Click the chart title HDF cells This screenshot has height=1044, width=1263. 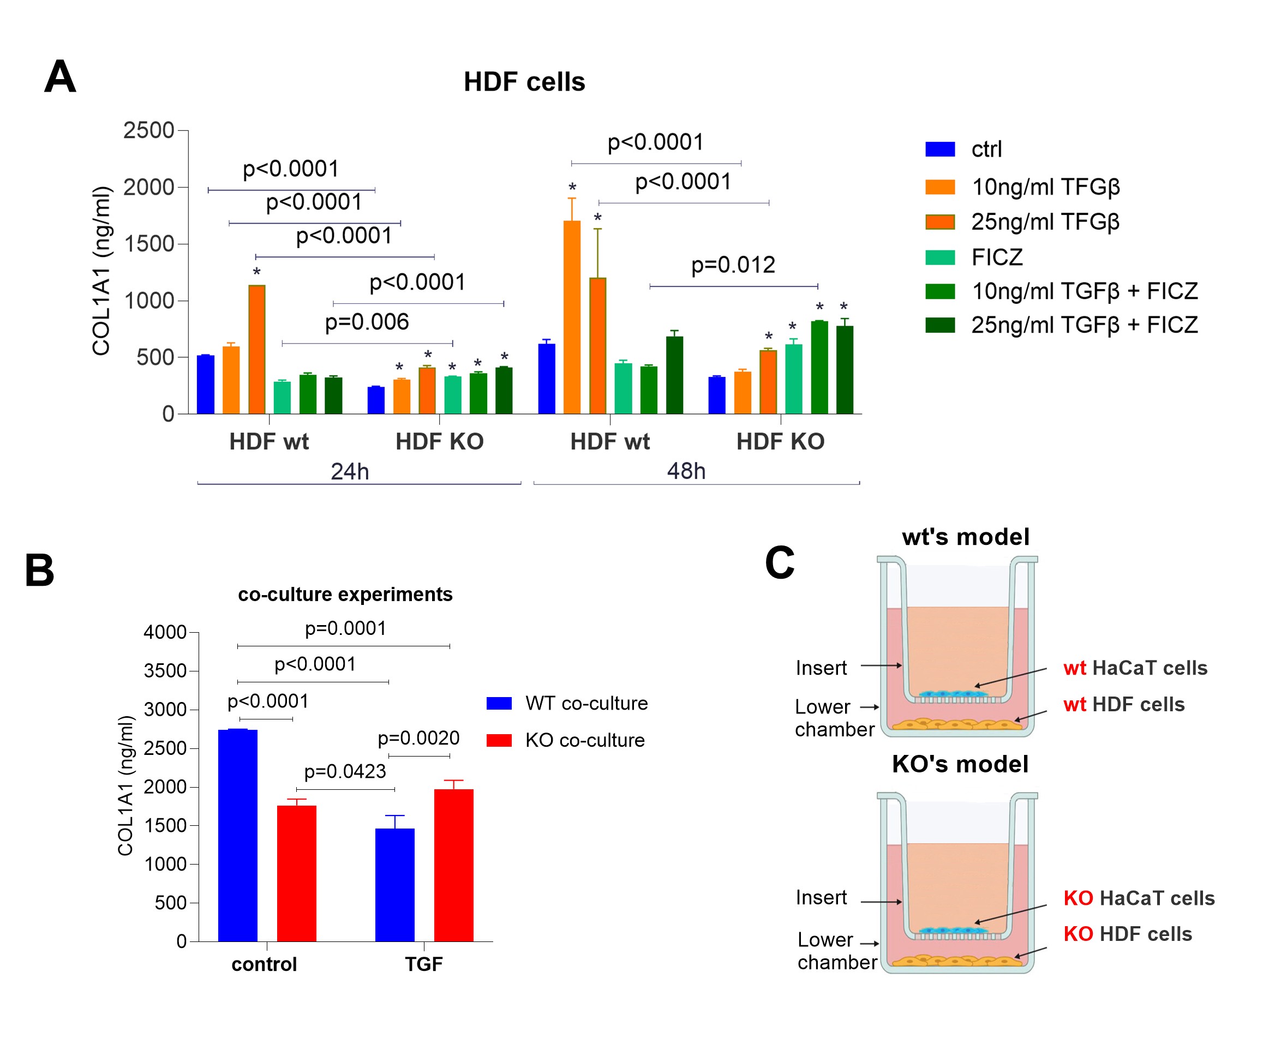[x=524, y=82]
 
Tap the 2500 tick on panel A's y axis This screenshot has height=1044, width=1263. [x=148, y=130]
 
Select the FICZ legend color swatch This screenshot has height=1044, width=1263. [x=940, y=257]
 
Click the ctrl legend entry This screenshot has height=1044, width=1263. [x=986, y=149]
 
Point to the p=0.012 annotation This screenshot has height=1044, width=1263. [x=733, y=265]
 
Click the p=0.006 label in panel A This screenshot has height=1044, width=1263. [x=367, y=322]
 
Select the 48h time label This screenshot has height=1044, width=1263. [x=686, y=471]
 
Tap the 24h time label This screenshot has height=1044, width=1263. [x=349, y=471]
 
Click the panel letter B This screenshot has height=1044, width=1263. [x=40, y=570]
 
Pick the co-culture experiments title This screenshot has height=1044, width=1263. [x=345, y=594]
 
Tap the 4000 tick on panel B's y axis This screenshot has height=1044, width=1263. [x=165, y=632]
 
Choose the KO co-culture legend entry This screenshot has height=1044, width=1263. [x=585, y=740]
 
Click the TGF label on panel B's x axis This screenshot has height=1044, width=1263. [x=423, y=964]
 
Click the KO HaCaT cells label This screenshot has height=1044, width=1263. [x=1139, y=898]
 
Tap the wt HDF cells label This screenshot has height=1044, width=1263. [x=1123, y=704]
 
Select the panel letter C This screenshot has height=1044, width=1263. [x=780, y=563]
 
